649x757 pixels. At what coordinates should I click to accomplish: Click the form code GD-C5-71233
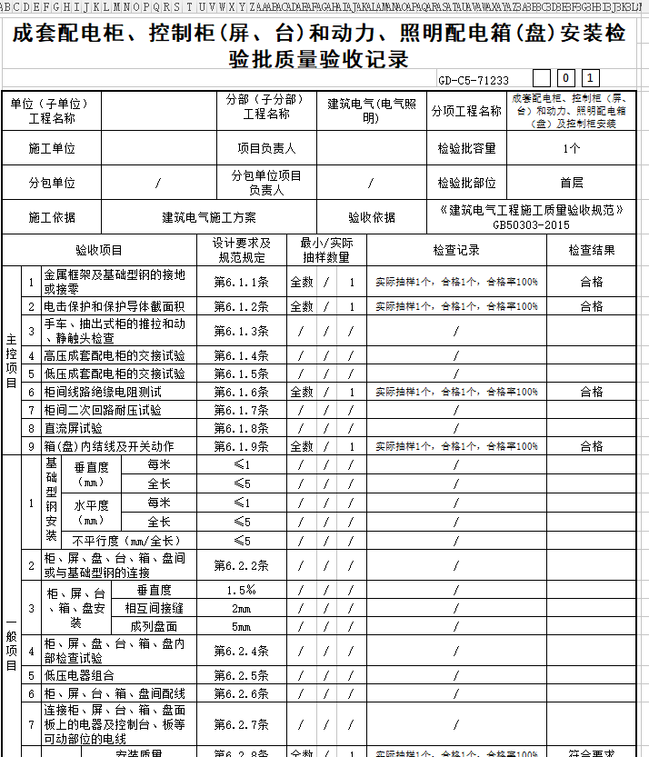tap(473, 80)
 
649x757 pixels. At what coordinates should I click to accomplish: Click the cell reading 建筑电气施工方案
tap(209, 217)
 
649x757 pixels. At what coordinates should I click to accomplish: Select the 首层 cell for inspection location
tap(571, 182)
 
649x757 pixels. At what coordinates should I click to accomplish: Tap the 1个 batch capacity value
tap(571, 148)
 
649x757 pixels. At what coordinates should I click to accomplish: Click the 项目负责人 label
tap(266, 148)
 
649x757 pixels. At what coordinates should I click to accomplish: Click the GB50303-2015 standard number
tap(531, 224)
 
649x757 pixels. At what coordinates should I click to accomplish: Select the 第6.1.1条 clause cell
tap(241, 282)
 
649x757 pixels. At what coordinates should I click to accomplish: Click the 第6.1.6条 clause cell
tap(241, 392)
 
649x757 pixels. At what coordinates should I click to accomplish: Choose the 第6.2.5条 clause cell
tap(241, 675)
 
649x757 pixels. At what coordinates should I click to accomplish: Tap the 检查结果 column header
tap(592, 250)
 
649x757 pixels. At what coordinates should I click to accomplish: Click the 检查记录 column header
tap(456, 250)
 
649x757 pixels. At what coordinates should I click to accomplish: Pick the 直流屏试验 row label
tap(74, 428)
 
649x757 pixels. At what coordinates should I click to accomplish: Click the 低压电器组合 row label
tap(80, 675)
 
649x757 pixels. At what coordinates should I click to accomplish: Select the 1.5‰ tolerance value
tap(241, 590)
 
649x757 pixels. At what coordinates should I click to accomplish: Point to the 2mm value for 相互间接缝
tap(241, 608)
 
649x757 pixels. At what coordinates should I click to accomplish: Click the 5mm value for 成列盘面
tap(241, 626)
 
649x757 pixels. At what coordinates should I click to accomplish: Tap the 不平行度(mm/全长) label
tap(124, 541)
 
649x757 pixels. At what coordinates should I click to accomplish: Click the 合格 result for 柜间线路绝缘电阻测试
tap(592, 392)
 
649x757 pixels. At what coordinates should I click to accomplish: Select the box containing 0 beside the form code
tap(565, 79)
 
